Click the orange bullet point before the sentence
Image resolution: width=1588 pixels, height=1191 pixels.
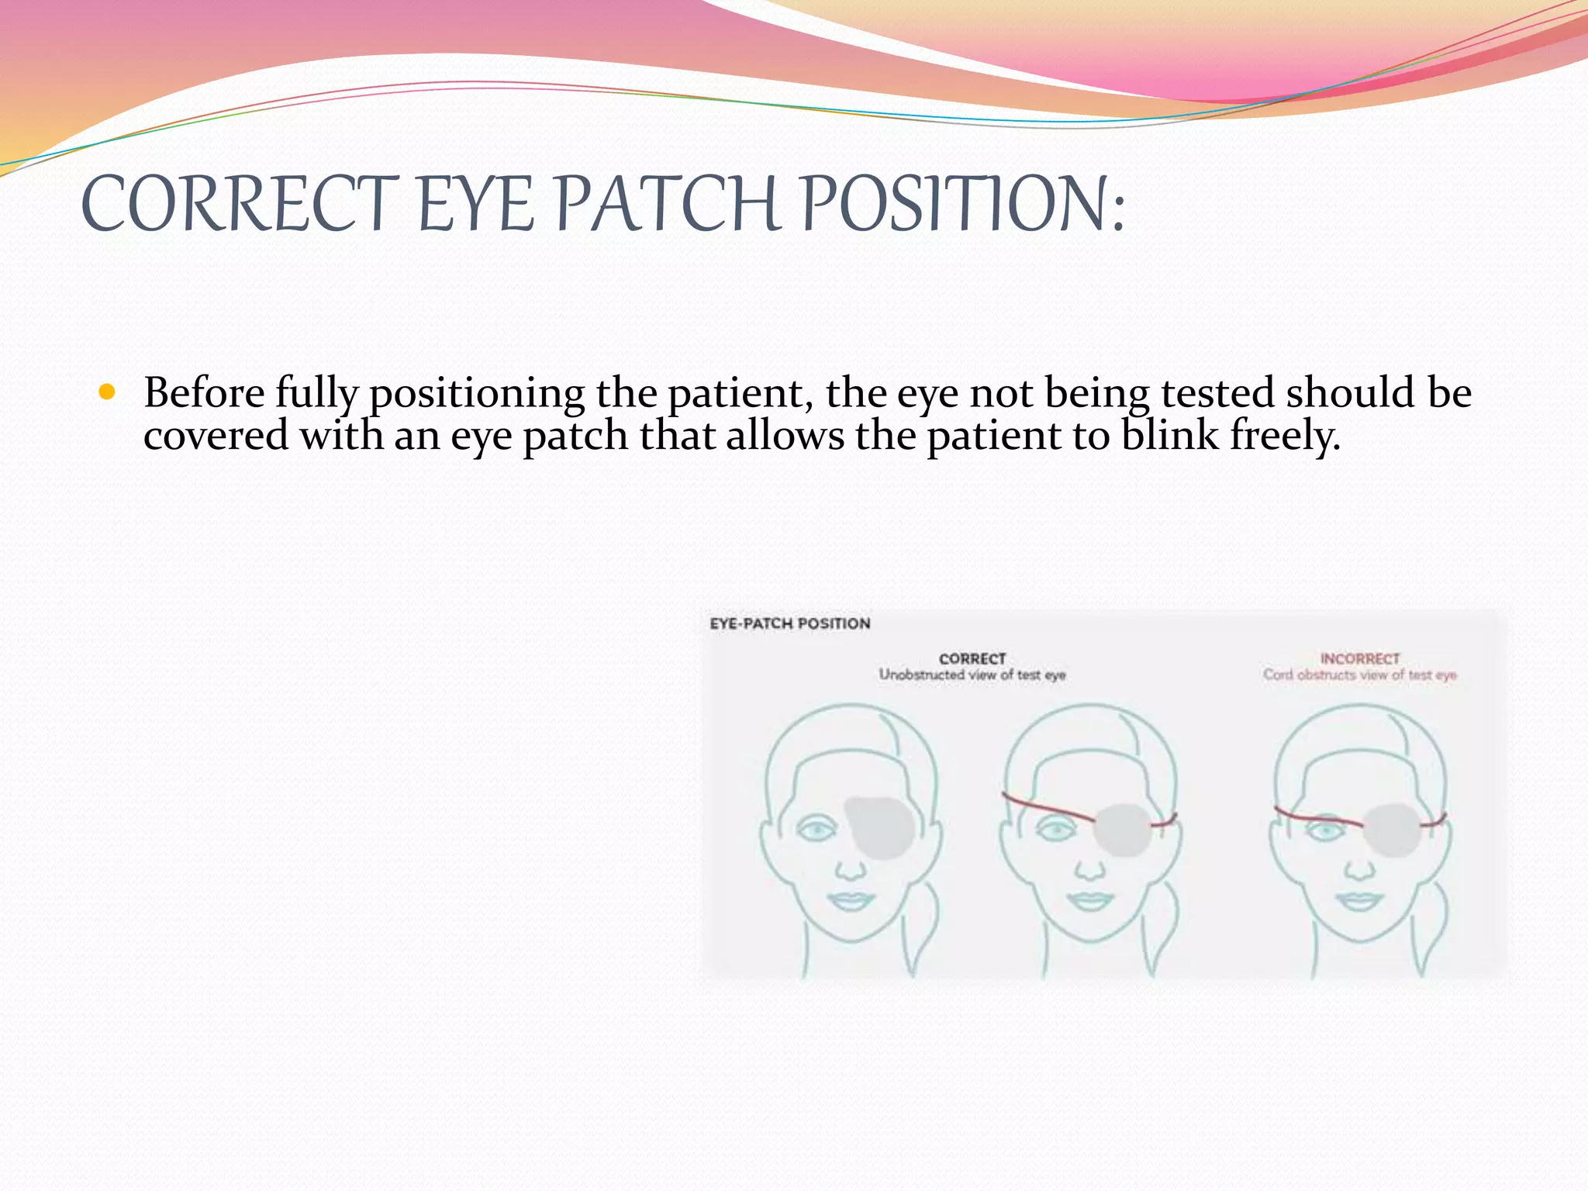(x=107, y=392)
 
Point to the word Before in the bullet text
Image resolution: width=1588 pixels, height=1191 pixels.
(x=204, y=392)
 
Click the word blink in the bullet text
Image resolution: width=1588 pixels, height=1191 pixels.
(x=1170, y=434)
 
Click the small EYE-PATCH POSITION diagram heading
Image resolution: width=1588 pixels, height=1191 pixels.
(x=790, y=623)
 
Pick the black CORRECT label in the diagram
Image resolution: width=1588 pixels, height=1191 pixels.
(x=972, y=658)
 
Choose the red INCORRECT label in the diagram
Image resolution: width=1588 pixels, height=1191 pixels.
(x=1360, y=658)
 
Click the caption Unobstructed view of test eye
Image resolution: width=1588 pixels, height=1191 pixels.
(x=972, y=675)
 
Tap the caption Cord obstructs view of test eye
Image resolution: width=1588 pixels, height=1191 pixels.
(x=1360, y=675)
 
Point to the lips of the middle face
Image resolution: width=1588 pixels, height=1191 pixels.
(x=1089, y=901)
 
